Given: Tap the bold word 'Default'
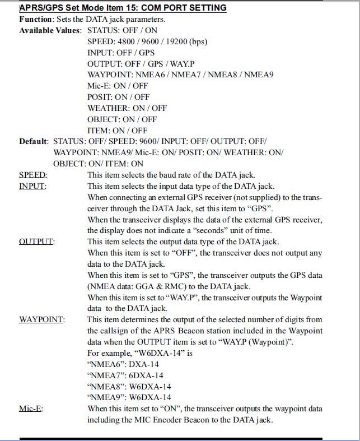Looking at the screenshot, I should (x=34, y=141).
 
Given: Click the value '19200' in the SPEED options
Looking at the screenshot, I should (x=177, y=41).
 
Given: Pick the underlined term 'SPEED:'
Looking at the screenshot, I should (x=33, y=175).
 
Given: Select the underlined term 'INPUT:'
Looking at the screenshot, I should (x=32, y=186).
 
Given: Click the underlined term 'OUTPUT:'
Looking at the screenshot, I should (x=36, y=242).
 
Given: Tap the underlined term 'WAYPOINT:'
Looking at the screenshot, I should (x=41, y=319).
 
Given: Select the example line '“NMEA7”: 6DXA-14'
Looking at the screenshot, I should (x=126, y=375).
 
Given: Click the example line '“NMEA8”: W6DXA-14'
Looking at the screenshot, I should (x=129, y=387).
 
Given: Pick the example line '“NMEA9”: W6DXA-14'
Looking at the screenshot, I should (x=129, y=398).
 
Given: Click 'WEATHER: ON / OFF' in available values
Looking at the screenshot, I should (x=127, y=108).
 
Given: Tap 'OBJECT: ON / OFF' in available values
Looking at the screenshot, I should (x=122, y=119).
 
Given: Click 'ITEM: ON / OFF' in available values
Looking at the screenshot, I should (x=117, y=131).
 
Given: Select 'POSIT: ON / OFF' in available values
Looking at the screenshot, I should (x=118, y=97).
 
